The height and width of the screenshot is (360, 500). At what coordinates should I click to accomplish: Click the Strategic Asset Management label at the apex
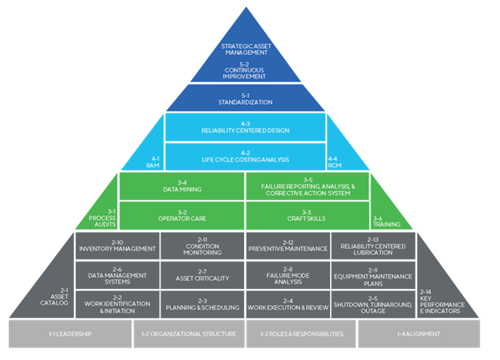(x=246, y=50)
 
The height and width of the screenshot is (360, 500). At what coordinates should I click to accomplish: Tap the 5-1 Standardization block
(x=246, y=98)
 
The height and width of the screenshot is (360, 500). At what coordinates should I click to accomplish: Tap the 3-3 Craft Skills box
(x=307, y=215)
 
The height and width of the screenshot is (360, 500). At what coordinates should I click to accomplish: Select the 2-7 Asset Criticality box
(x=201, y=273)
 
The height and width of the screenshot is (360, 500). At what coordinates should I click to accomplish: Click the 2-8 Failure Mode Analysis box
(x=287, y=273)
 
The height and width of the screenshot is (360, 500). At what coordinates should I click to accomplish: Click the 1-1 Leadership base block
(x=70, y=334)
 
